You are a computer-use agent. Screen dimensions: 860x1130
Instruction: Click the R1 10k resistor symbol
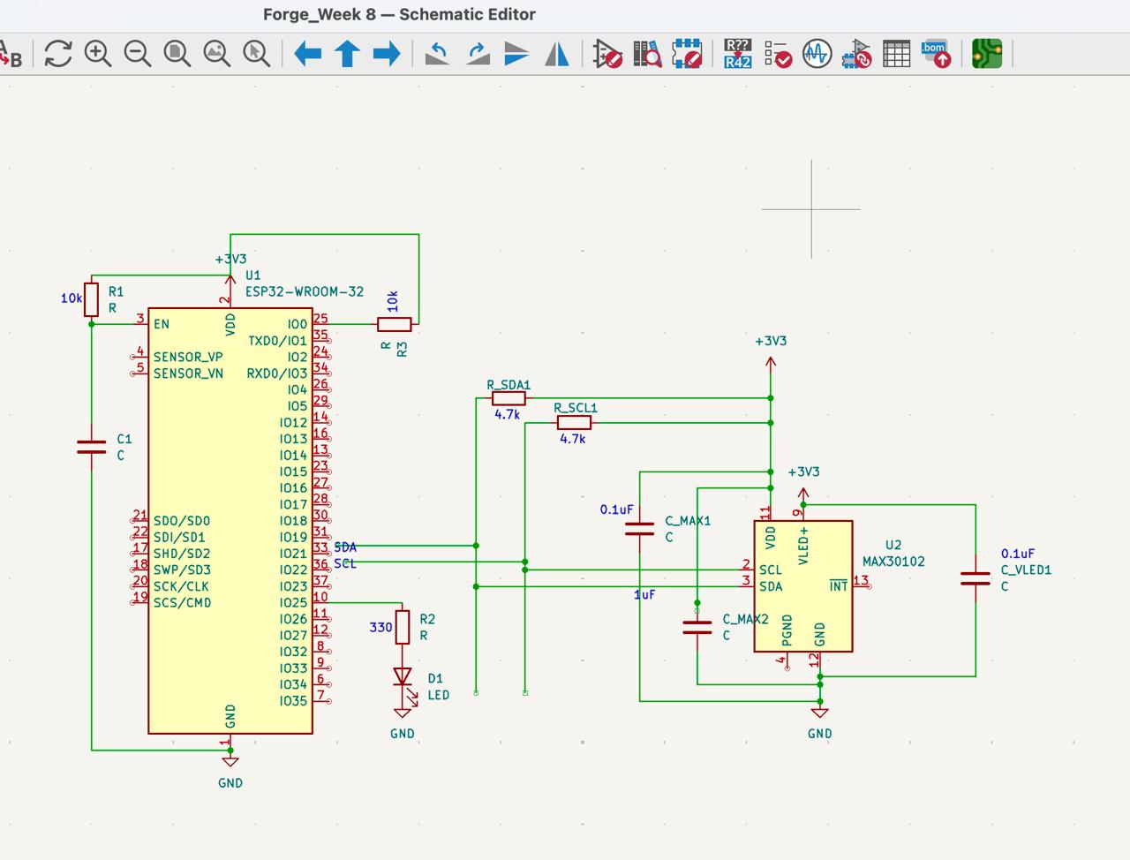pos(91,299)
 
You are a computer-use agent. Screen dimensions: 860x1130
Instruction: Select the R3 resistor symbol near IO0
pos(394,324)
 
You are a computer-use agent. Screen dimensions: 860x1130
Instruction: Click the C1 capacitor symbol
pos(91,447)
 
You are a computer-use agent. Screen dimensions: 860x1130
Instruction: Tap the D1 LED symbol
pos(403,677)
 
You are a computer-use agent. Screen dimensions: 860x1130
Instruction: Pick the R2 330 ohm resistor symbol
pos(403,627)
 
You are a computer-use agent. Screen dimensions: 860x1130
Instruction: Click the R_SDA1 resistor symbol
pos(508,398)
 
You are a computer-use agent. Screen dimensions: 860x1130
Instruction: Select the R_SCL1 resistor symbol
pos(574,423)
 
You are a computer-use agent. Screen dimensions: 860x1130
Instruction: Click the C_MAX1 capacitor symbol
pos(640,529)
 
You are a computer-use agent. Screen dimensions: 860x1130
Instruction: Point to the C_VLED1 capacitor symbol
pos(976,578)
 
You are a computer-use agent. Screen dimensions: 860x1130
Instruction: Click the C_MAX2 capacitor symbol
pos(697,627)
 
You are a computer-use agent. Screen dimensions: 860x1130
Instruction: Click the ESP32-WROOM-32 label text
pos(305,291)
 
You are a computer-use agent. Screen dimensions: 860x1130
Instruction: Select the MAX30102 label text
pos(893,562)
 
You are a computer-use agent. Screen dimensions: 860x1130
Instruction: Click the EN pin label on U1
pos(162,324)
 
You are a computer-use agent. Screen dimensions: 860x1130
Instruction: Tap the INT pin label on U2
pos(838,586)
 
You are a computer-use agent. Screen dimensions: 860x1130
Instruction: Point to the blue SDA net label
pos(345,547)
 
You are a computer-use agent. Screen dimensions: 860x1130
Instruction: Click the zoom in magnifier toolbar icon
pos(97,54)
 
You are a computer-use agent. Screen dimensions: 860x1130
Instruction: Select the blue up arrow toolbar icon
pos(347,54)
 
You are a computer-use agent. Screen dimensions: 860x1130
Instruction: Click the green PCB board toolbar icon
pos(987,54)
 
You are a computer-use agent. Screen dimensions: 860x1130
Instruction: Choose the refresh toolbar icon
pos(58,54)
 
